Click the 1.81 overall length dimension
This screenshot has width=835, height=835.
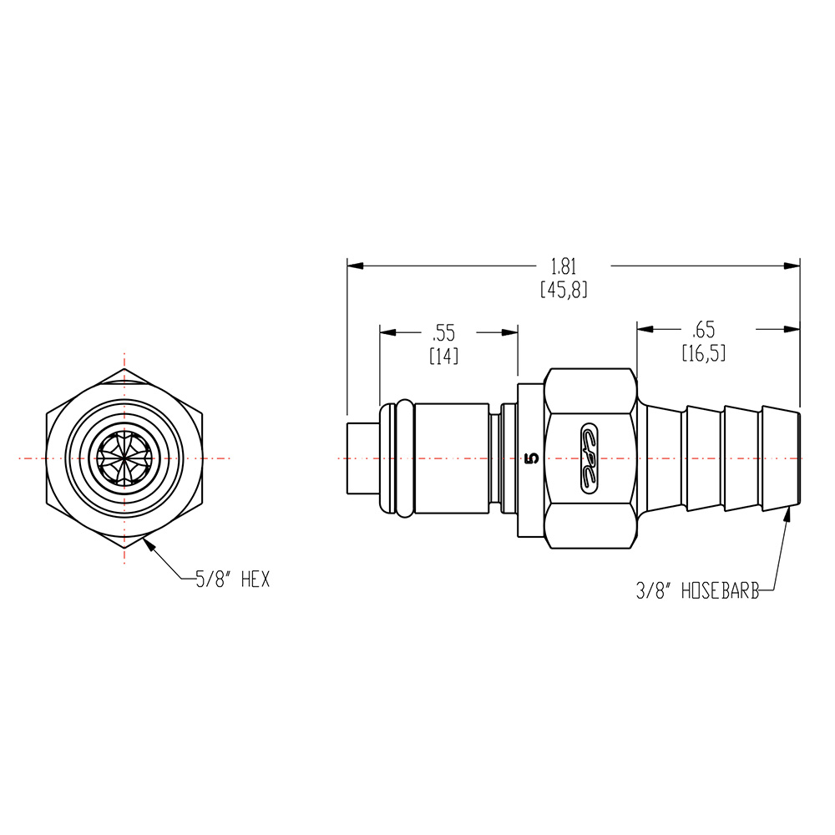[564, 266]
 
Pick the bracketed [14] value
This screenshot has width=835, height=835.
[443, 356]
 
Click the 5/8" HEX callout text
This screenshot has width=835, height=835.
[233, 579]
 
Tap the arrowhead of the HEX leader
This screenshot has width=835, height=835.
[147, 544]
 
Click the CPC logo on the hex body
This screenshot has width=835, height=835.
[591, 458]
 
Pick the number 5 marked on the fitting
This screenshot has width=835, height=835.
[530, 458]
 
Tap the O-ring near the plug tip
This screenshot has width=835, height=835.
[400, 458]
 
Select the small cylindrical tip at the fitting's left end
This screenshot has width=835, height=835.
[362, 458]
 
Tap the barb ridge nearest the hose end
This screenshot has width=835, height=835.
[782, 458]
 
